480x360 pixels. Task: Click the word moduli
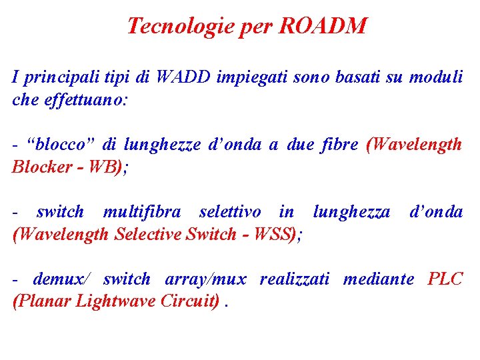click(x=435, y=77)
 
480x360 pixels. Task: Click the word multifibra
click(x=141, y=212)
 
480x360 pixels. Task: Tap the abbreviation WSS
click(x=274, y=234)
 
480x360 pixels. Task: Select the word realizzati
click(x=294, y=279)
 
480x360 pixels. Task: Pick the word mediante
click(x=378, y=279)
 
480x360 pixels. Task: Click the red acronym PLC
click(x=445, y=279)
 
